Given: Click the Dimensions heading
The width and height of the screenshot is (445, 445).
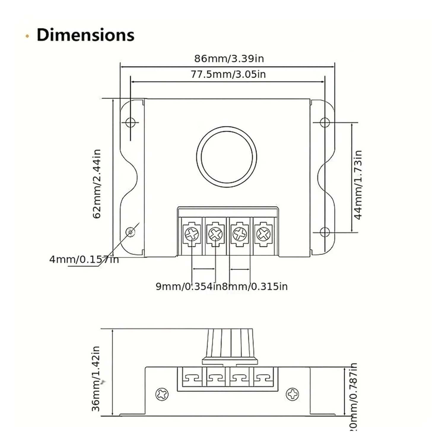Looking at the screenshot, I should pyautogui.click(x=85, y=35).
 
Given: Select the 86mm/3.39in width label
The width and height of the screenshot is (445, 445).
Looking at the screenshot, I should pyautogui.click(x=229, y=58).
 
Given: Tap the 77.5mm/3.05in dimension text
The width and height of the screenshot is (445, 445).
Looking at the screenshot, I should pyautogui.click(x=228, y=74).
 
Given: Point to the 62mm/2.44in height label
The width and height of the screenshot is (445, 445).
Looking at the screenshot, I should pyautogui.click(x=97, y=184).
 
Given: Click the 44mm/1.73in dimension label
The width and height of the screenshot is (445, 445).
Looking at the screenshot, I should pyautogui.click(x=358, y=185).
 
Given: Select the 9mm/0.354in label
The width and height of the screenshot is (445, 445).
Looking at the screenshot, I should pyautogui.click(x=188, y=286).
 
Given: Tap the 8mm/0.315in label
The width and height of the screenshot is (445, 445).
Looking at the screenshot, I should pyautogui.click(x=255, y=286).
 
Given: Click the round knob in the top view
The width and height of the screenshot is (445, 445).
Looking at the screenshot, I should pyautogui.click(x=227, y=157).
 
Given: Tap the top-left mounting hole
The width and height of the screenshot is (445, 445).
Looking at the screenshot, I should pyautogui.click(x=130, y=122).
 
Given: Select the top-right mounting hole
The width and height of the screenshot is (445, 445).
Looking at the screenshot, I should pyautogui.click(x=325, y=122).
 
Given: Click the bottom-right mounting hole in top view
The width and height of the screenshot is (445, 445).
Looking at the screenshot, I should pyautogui.click(x=325, y=232).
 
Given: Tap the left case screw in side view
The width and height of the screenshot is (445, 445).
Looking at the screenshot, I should pyautogui.click(x=162, y=394).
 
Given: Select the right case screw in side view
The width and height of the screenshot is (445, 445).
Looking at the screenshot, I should pyautogui.click(x=292, y=394).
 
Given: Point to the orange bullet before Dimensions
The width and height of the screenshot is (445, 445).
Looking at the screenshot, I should pyautogui.click(x=27, y=36).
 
